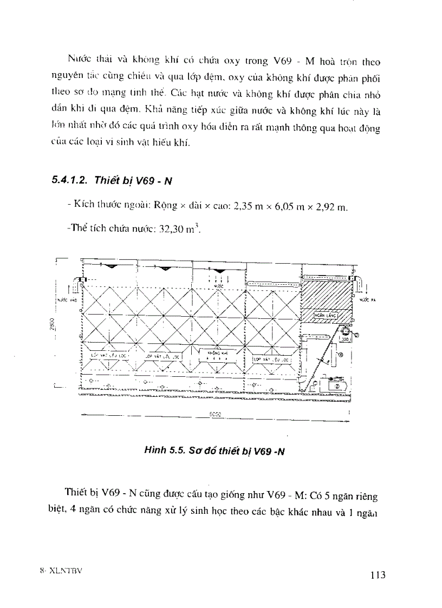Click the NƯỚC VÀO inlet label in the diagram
tap(64, 299)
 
